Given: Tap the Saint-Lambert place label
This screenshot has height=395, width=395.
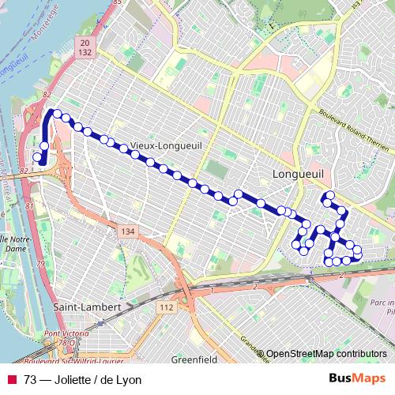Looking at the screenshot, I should click(86, 307).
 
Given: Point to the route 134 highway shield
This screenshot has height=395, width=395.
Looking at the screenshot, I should click(128, 231).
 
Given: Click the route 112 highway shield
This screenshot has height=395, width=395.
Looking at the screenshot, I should click(166, 307).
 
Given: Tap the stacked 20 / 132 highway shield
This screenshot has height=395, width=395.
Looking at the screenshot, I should click(86, 45).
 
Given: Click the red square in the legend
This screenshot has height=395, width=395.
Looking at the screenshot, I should click(12, 380).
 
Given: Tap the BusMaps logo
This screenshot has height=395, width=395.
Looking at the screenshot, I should click(356, 379).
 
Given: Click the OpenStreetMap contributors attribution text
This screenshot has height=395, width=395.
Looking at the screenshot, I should click(326, 354).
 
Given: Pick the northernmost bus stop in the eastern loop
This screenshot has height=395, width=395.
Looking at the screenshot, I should click(329, 195).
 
